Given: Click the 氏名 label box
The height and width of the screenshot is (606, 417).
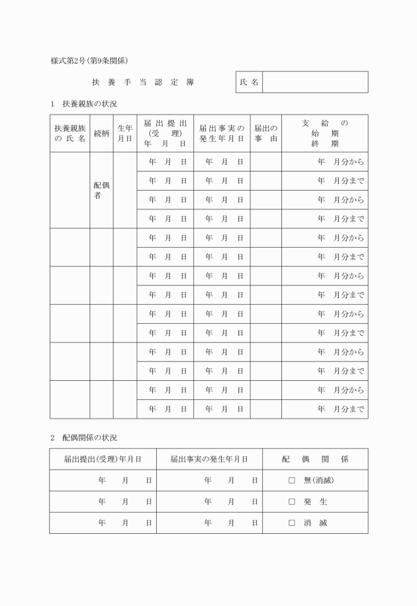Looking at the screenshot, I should tap(249, 83).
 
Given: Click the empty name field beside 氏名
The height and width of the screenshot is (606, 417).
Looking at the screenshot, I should tap(315, 83).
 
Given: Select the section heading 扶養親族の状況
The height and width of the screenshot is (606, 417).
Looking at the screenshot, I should tap(89, 104).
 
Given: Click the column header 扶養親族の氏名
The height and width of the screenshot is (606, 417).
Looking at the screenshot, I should tap(70, 133).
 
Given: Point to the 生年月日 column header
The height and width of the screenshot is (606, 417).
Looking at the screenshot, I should tap(125, 133).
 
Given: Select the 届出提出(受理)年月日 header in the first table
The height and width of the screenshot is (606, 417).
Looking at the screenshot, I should tap(165, 133).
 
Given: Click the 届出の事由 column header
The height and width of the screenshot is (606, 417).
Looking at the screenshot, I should tap(265, 133).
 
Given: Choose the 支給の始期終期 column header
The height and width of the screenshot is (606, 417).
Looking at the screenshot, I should tap(324, 133).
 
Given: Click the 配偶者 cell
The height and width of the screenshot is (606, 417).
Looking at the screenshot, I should tap(101, 190).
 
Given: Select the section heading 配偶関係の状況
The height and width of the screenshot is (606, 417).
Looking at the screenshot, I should tap(89, 438).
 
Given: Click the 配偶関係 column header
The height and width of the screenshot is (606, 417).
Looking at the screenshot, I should tap(315, 459).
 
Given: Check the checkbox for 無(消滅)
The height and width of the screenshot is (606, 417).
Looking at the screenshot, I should tap(291, 480).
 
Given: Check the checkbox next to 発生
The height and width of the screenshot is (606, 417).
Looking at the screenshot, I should tap(291, 501).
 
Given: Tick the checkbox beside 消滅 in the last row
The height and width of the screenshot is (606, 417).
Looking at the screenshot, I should tap(291, 523).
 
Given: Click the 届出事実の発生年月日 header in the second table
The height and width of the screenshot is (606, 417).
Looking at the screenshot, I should tap(209, 459).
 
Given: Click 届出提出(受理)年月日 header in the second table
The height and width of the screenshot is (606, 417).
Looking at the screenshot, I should tap(103, 459).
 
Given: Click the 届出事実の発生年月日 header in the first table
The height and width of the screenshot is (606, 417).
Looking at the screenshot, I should tap(222, 133).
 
